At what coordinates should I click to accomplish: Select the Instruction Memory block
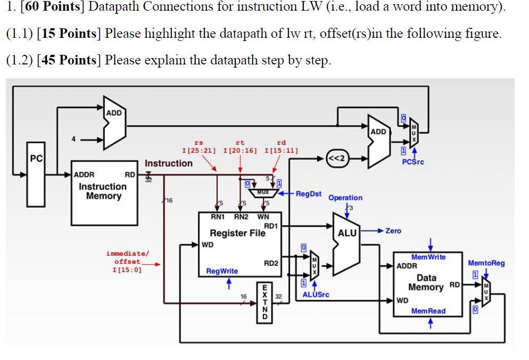click(103, 192)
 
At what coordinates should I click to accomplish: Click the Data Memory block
click(427, 283)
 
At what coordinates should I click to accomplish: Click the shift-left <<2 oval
click(337, 158)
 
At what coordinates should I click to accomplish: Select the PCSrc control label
click(413, 161)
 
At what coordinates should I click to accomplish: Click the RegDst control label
click(309, 194)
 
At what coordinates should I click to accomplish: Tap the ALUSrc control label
click(316, 294)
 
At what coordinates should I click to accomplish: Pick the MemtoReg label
click(486, 263)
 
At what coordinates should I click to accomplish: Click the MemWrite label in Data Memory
click(428, 257)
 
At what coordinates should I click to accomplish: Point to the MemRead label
click(428, 311)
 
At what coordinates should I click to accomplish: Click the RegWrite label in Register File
click(222, 271)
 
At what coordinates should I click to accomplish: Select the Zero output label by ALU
click(393, 231)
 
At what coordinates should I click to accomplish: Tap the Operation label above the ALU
click(345, 198)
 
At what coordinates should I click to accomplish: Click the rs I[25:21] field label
click(199, 146)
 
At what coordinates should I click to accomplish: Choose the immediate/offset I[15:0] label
click(128, 261)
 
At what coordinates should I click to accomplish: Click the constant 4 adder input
click(75, 140)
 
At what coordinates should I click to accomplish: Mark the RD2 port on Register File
click(271, 263)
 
